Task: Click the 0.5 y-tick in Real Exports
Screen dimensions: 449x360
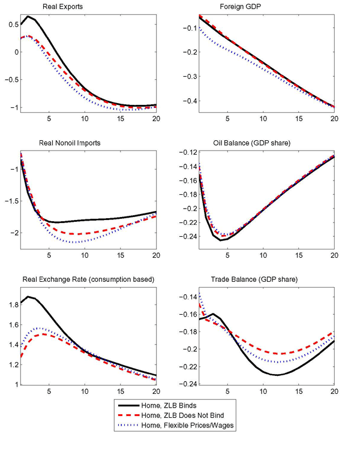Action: [11, 25]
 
